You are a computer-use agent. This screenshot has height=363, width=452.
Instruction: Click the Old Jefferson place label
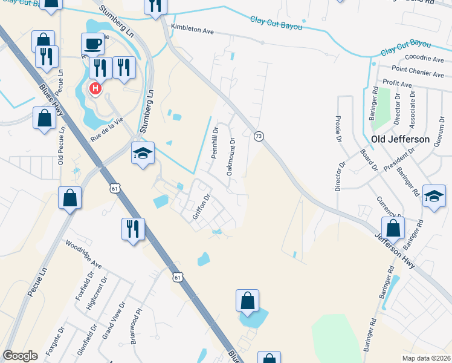click(400, 139)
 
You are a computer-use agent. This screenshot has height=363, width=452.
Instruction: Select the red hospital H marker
click(95, 90)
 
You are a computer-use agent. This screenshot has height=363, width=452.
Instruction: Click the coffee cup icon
click(92, 44)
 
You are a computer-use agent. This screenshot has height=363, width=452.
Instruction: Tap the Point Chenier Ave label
click(418, 73)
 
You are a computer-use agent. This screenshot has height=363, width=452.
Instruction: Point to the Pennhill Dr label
click(214, 143)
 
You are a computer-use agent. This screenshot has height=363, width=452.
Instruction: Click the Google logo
click(21, 356)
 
